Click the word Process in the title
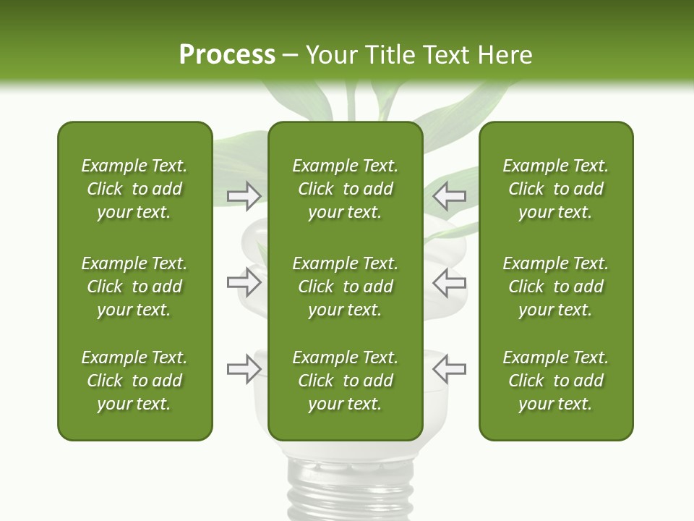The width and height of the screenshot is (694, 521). click(227, 55)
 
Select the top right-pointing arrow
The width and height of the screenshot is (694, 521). click(244, 195)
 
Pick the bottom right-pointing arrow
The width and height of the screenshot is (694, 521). click(244, 368)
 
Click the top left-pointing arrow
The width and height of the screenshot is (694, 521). click(449, 195)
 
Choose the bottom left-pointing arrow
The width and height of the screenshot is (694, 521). click(449, 368)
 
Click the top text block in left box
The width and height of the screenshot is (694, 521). click(134, 189)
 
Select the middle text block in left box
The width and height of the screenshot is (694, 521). click(134, 287)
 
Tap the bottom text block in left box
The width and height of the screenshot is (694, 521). click(134, 381)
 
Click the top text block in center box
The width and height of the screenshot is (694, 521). click(345, 189)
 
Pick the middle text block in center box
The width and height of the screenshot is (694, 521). click(345, 287)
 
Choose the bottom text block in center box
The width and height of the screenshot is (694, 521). click(345, 381)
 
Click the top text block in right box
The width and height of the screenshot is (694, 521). click(555, 189)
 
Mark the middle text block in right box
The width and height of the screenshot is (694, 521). click(555, 287)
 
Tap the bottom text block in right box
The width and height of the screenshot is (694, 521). click(555, 381)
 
